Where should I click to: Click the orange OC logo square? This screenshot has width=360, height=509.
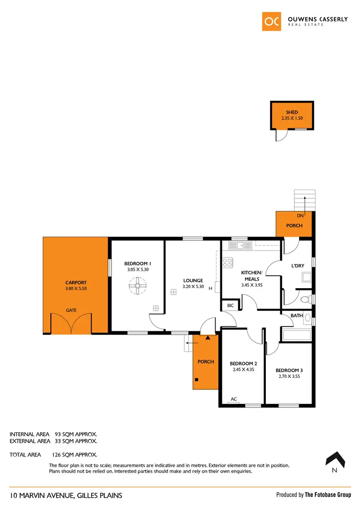pos(272,22)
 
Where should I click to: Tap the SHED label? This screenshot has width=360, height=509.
pos(292,112)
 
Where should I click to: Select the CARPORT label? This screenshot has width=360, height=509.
pos(75,283)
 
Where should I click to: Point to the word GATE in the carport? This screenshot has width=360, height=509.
pos(71,310)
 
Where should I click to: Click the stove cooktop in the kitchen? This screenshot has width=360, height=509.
pos(228,263)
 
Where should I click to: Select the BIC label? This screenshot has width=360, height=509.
pos(230,305)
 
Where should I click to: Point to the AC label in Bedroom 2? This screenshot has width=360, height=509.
pos(234,399)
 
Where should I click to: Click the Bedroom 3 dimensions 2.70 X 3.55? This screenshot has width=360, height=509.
pos(288,377)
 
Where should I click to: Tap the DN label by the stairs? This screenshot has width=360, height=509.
pos(300,217)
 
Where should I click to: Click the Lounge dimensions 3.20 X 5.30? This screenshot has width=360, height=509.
pos(193,287)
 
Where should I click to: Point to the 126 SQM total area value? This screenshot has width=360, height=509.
pos(74,454)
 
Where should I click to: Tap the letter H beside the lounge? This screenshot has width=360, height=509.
pos(210,289)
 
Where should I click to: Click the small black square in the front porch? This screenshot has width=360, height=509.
pos(196,380)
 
